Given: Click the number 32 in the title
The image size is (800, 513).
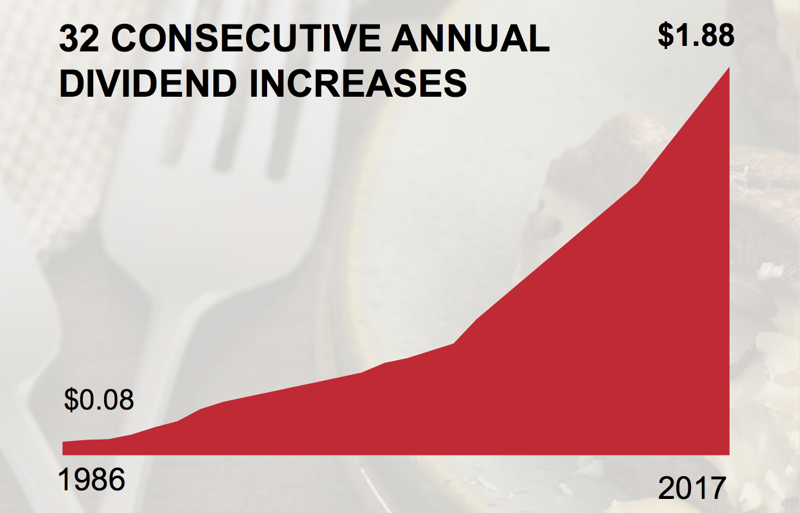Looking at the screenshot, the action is tap(78, 38).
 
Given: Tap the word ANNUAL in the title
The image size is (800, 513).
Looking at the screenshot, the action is tap(470, 38).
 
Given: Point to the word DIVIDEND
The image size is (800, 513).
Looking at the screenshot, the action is tap(148, 83).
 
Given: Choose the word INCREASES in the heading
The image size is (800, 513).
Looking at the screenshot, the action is tap(358, 83).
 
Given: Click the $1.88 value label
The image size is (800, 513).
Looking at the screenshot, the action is tap(696, 35).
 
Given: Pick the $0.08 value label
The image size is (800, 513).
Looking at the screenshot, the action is tap(99, 400).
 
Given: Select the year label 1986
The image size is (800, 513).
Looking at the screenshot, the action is tap(92, 480).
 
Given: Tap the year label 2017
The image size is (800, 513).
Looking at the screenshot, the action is tap(692, 488).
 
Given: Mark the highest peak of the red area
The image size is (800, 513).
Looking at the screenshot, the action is tap(729, 67).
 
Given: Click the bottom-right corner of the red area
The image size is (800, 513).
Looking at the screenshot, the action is tap(729, 455).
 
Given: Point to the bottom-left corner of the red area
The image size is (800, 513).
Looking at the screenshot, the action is tap(63, 455).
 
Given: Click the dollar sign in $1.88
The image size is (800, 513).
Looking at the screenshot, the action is tap(666, 36).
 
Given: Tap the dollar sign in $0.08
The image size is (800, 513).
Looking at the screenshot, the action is tap(72, 400).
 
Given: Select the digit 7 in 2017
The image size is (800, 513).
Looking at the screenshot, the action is tap(717, 488).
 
